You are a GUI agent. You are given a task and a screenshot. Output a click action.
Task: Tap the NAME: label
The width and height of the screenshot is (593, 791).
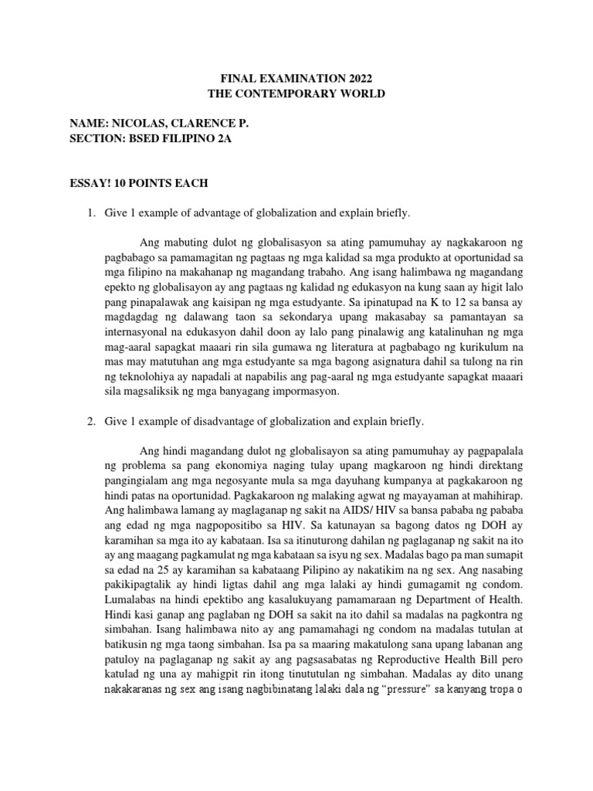click(x=87, y=124)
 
